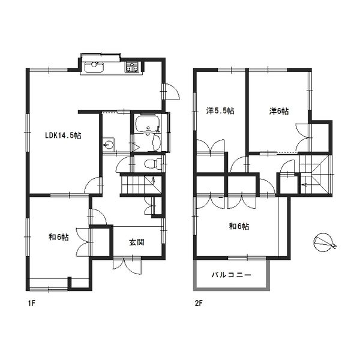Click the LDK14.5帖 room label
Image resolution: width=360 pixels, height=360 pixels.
click(x=63, y=136)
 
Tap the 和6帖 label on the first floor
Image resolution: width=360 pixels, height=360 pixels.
click(x=58, y=237)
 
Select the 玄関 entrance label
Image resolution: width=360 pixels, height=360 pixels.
click(x=136, y=242)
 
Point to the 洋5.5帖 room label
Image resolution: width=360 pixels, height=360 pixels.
click(x=220, y=111)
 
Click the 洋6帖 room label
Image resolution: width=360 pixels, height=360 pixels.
click(x=278, y=111)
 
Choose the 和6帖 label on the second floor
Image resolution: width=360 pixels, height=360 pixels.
click(x=239, y=226)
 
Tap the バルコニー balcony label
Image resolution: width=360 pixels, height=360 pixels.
click(x=231, y=275)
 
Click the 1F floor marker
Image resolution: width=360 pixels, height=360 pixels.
click(x=32, y=304)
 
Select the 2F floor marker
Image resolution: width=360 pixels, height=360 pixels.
click(x=198, y=304)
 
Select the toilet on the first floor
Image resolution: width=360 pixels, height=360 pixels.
click(x=151, y=163)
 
